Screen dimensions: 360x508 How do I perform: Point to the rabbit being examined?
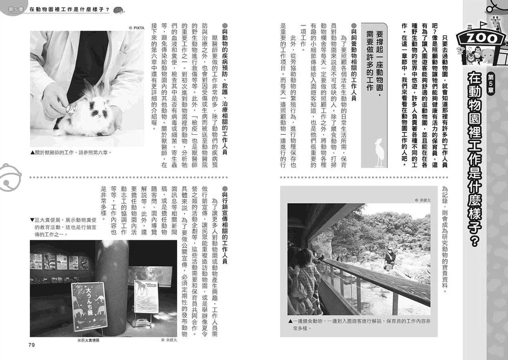pyautogui.click(x=91, y=113)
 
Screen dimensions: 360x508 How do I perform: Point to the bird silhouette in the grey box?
pyautogui.click(x=380, y=152)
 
